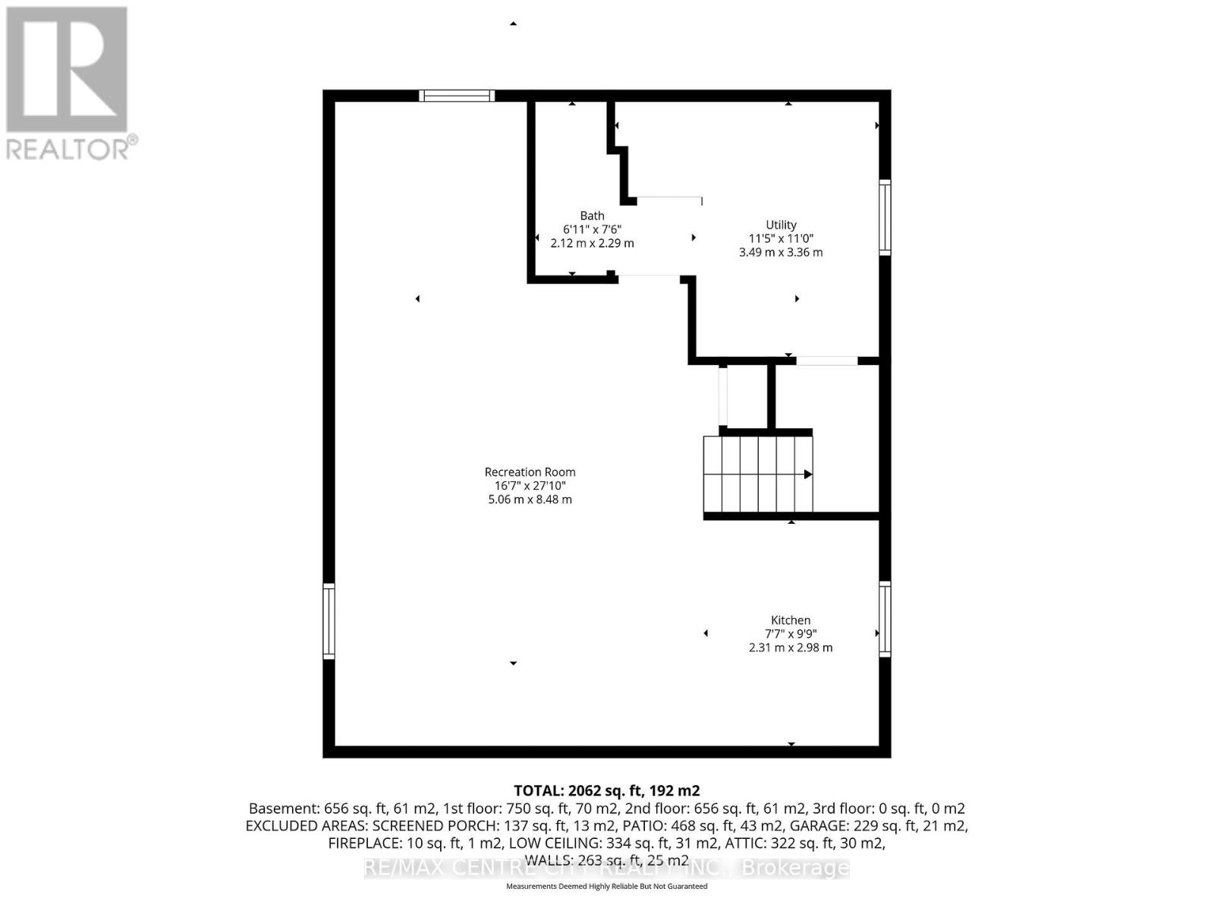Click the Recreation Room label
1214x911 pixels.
[x=530, y=471]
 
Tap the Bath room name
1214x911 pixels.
[x=592, y=216]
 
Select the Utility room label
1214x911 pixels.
[x=781, y=225]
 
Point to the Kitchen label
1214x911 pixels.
[x=791, y=620]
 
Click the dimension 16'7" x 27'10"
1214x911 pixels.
[x=530, y=486]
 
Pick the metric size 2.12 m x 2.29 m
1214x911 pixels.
[x=592, y=244]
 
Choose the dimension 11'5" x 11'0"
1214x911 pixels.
[x=781, y=238]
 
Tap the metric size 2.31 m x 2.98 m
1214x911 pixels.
[x=791, y=648]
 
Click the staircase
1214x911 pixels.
[x=757, y=474]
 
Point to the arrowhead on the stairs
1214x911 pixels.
[x=808, y=474]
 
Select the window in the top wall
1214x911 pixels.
[x=457, y=96]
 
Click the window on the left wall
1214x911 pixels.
[x=329, y=620]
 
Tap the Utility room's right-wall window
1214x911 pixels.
[x=885, y=217]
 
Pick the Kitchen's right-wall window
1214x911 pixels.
[x=885, y=619]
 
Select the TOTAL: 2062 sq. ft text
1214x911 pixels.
[x=606, y=790]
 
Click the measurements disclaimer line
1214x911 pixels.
[x=606, y=887]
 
